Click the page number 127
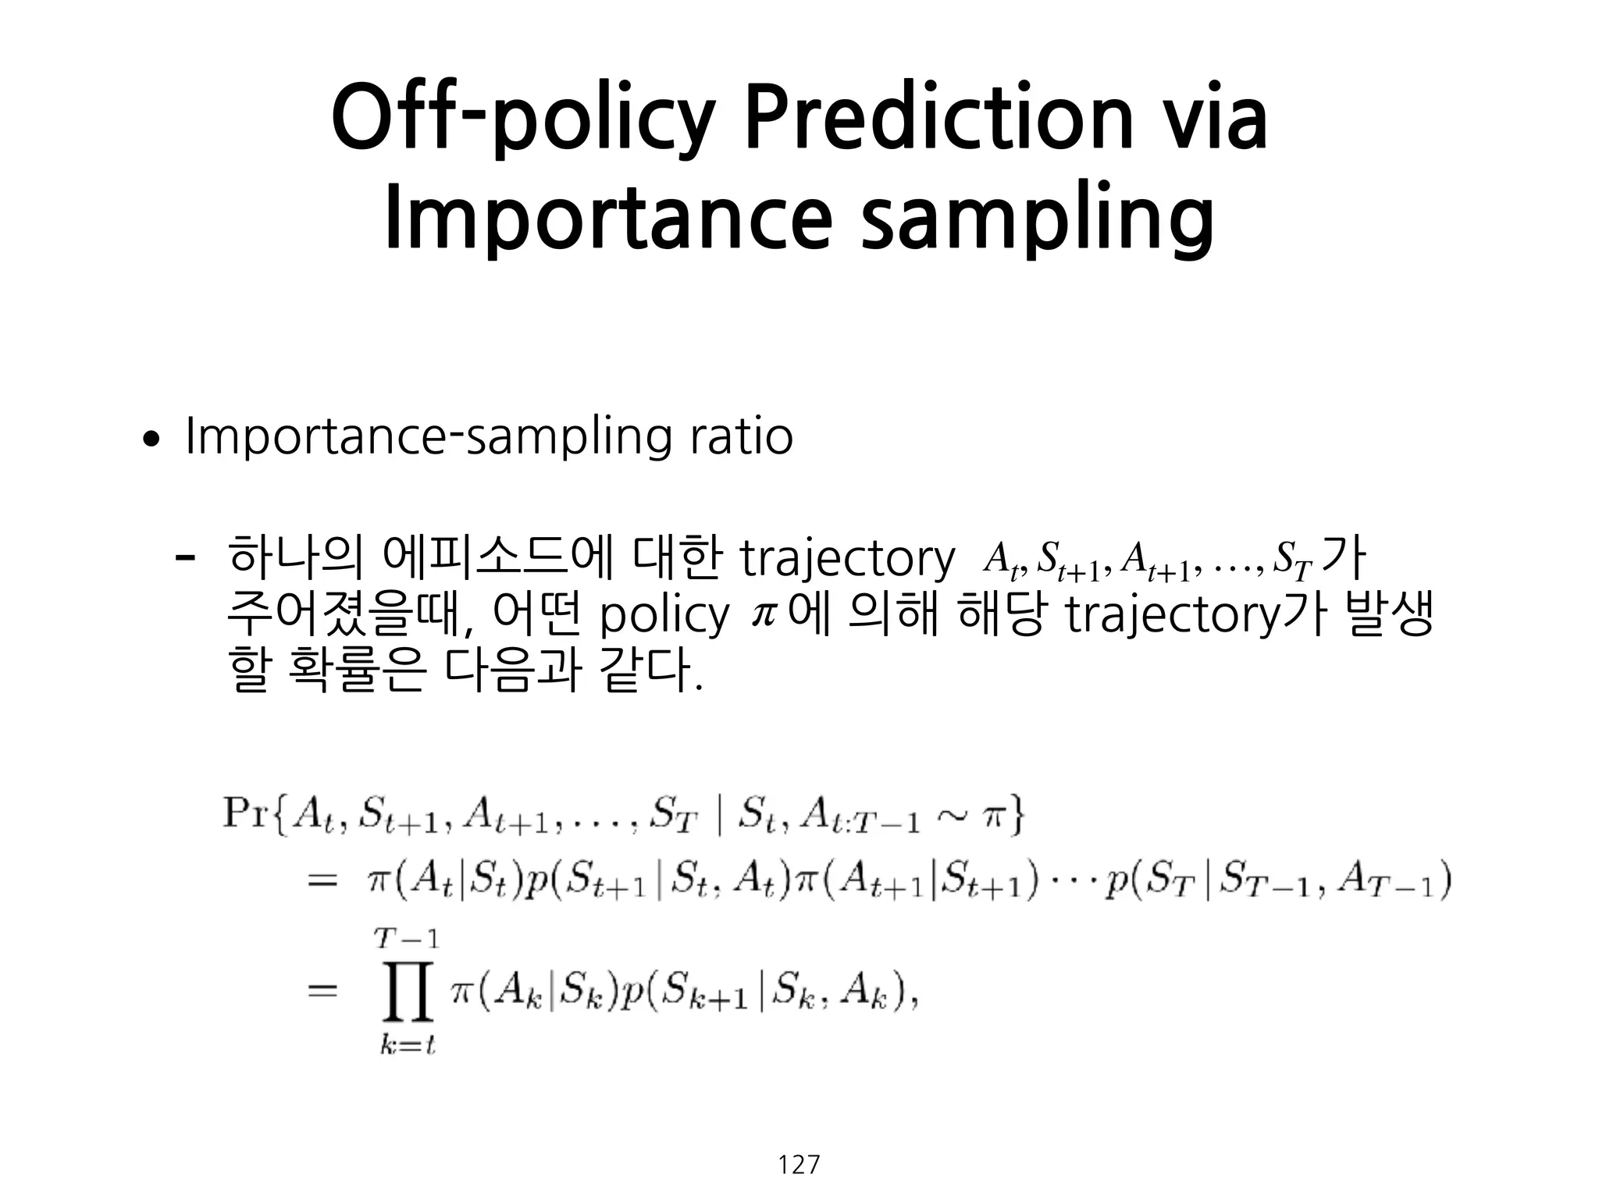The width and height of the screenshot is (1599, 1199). coord(799,1165)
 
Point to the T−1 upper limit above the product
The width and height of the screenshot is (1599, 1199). coord(407,938)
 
